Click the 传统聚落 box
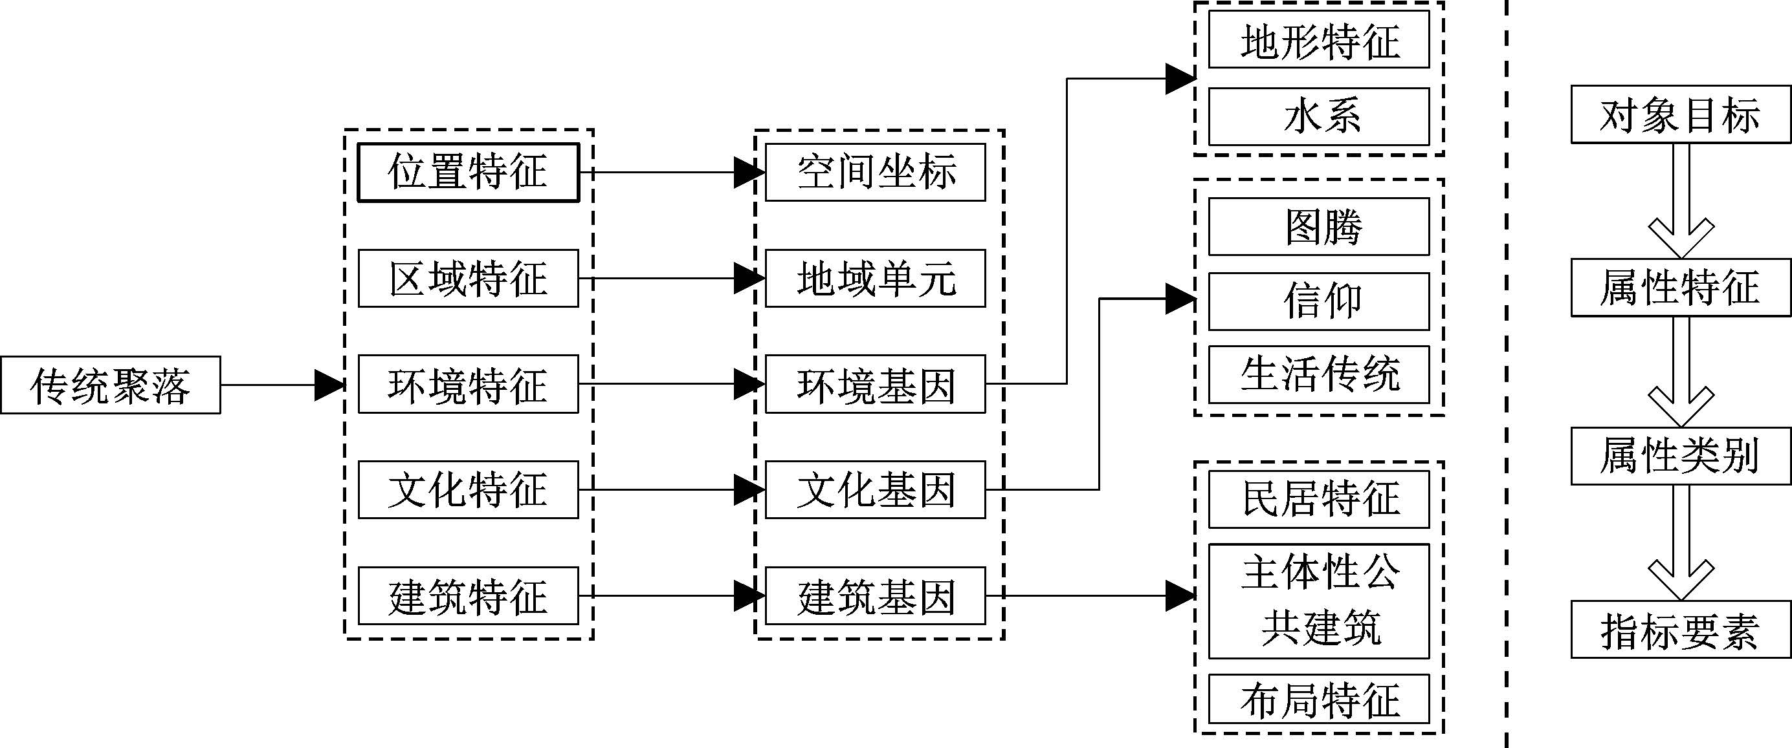tap(110, 385)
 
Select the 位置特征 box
tap(468, 173)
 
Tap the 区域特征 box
tap(468, 278)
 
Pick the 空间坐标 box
tap(875, 173)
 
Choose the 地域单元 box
tap(875, 278)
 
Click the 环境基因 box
tap(875, 385)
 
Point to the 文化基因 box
tap(875, 489)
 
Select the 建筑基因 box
tap(875, 596)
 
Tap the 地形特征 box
tap(1318, 39)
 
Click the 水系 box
tap(1318, 116)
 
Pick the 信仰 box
tap(1318, 302)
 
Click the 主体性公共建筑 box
tap(1318, 601)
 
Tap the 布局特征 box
tap(1318, 699)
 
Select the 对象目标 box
tap(1680, 114)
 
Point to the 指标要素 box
tap(1680, 630)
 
